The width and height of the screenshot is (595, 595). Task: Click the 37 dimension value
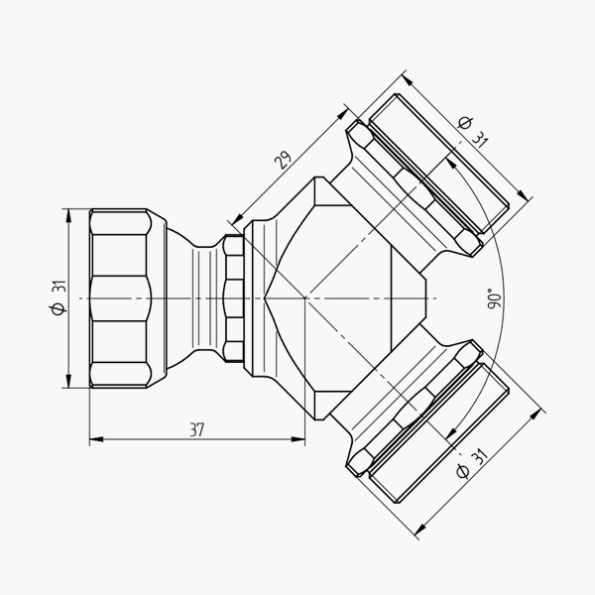[x=197, y=430]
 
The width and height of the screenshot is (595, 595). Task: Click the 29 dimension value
[x=284, y=160]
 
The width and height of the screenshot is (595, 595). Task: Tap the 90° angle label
[x=495, y=298]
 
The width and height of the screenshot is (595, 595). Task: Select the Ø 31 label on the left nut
[x=59, y=297]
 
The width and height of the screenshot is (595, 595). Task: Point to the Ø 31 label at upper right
[x=473, y=132]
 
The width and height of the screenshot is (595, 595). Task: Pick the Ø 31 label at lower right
[x=472, y=463]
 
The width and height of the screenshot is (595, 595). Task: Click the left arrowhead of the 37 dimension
[x=96, y=439]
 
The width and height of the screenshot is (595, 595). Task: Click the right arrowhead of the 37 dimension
[x=298, y=439]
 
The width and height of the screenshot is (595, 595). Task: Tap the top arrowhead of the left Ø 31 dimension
[x=68, y=215]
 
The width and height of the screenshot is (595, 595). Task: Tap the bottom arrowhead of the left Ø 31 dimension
[x=68, y=381]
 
